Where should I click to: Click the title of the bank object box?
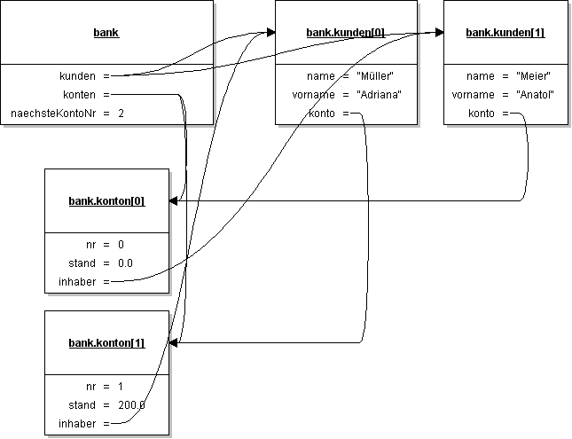(106, 33)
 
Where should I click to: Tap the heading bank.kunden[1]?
(505, 33)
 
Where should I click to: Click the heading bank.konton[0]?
(106, 201)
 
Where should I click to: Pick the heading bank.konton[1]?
(106, 343)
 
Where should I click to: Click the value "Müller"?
(374, 76)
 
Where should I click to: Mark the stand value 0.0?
(125, 263)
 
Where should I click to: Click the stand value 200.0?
(130, 405)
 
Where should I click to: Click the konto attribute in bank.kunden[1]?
(482, 114)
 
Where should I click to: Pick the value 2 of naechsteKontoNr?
(121, 114)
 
